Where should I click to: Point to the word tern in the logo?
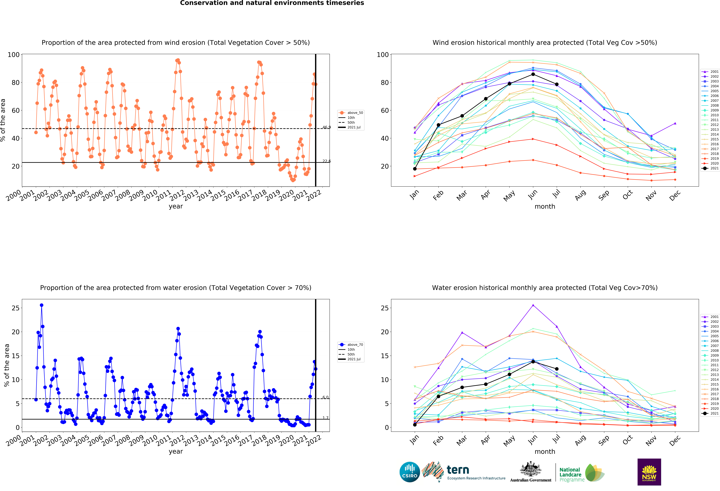tap(458, 470)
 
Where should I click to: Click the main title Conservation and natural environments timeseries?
tap(272, 3)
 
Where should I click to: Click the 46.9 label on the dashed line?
tap(327, 127)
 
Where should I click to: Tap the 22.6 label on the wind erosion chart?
tap(327, 161)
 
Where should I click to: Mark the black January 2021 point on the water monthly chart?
tap(415, 425)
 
